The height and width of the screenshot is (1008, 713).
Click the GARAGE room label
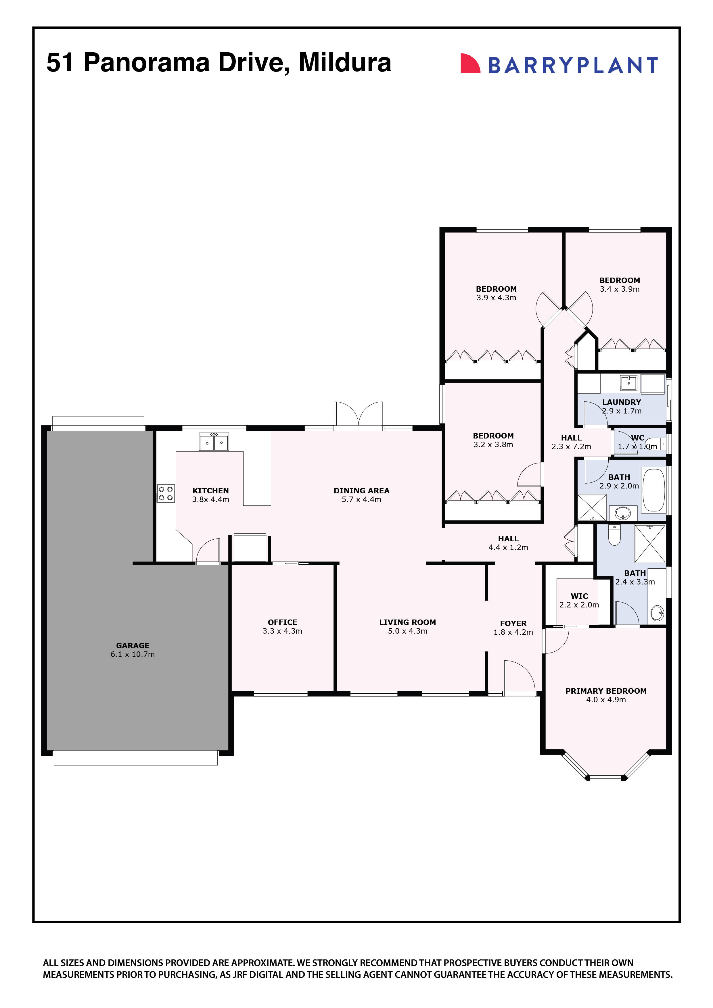(x=133, y=645)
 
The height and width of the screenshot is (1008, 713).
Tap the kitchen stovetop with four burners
(x=166, y=493)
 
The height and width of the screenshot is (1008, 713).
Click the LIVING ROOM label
(x=407, y=622)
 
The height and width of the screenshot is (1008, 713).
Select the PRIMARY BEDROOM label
(x=605, y=690)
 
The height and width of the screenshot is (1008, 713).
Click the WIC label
(x=579, y=596)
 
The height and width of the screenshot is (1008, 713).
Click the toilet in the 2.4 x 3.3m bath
(x=614, y=536)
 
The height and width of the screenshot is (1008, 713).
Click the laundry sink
(x=629, y=383)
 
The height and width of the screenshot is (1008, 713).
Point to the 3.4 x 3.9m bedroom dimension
(x=620, y=289)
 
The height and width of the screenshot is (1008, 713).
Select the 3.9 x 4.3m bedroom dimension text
(x=496, y=298)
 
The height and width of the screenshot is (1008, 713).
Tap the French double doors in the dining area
(x=359, y=414)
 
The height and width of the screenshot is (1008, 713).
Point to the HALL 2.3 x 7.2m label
(x=571, y=442)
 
